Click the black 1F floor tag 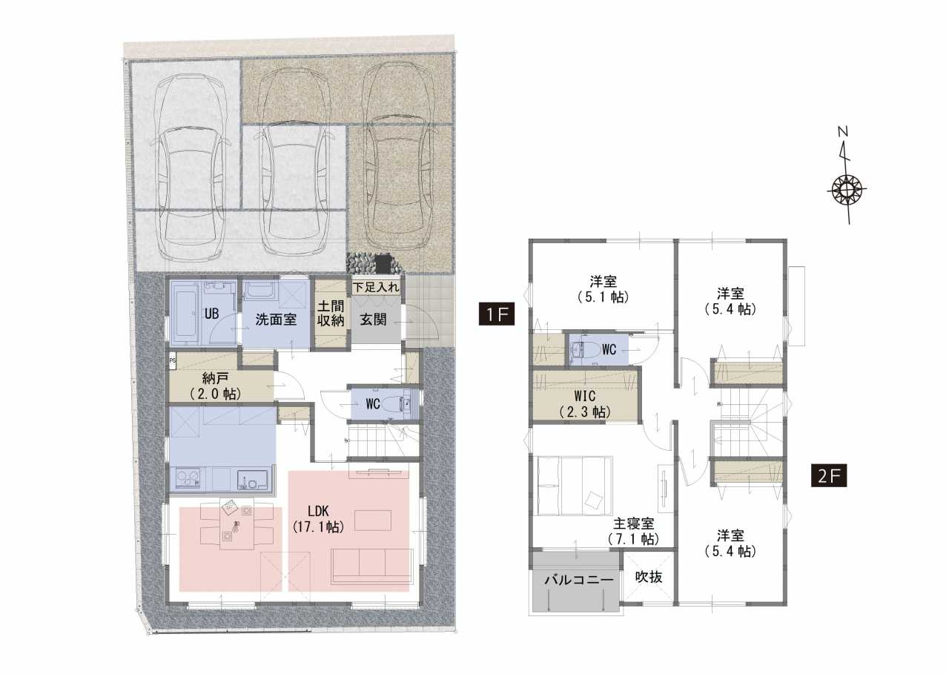point(497,314)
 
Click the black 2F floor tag point(829,476)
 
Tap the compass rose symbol point(847,189)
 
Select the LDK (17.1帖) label point(318,519)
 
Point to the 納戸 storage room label point(214,385)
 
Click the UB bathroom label point(211,314)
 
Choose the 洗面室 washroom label point(276,320)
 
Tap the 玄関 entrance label point(373,320)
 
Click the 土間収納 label point(331,313)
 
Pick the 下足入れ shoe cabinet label point(376,287)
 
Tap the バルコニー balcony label point(579,579)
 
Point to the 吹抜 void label point(649,577)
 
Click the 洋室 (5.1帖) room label point(603,288)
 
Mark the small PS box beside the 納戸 point(173,361)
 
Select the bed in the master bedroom point(575,486)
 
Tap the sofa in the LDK point(372,566)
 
